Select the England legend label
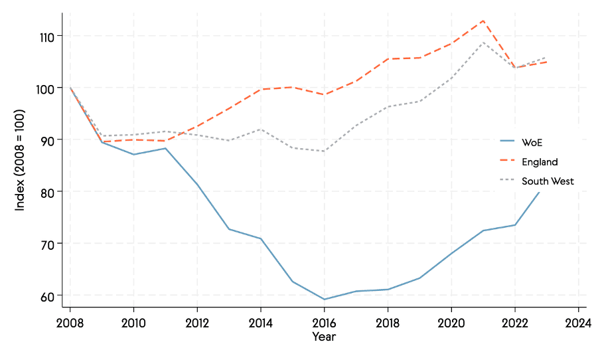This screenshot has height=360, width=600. pyautogui.click(x=539, y=161)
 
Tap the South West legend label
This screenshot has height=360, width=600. pyautogui.click(x=547, y=181)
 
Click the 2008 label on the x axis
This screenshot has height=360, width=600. pyautogui.click(x=70, y=323)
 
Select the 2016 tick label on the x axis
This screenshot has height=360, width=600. pyautogui.click(x=324, y=323)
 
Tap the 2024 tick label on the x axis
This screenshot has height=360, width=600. pyautogui.click(x=578, y=323)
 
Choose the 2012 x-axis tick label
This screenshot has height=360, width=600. pyautogui.click(x=197, y=323)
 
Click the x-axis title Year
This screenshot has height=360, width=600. pyautogui.click(x=324, y=337)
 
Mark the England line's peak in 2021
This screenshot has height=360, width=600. pyautogui.click(x=483, y=21)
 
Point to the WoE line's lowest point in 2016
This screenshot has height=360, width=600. pyautogui.click(x=324, y=300)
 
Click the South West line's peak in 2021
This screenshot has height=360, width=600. pyautogui.click(x=483, y=43)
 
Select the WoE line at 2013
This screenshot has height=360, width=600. pyautogui.click(x=229, y=229)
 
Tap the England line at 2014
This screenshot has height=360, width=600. pyautogui.click(x=261, y=89)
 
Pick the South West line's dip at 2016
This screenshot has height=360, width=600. pyautogui.click(x=324, y=151)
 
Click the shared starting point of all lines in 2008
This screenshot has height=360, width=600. pyautogui.click(x=70, y=88)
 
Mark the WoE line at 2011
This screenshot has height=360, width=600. pyautogui.click(x=165, y=148)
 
